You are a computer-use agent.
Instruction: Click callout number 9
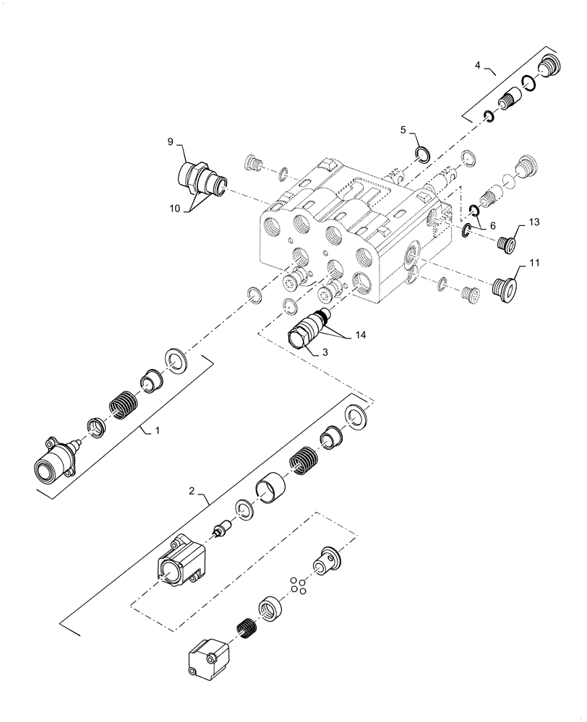point(171,142)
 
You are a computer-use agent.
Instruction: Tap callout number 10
point(176,209)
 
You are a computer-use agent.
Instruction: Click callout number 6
point(492,225)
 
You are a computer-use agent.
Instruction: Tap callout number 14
point(360,336)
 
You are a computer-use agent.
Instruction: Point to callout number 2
point(192,492)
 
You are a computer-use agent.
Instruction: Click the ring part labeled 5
point(422,153)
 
